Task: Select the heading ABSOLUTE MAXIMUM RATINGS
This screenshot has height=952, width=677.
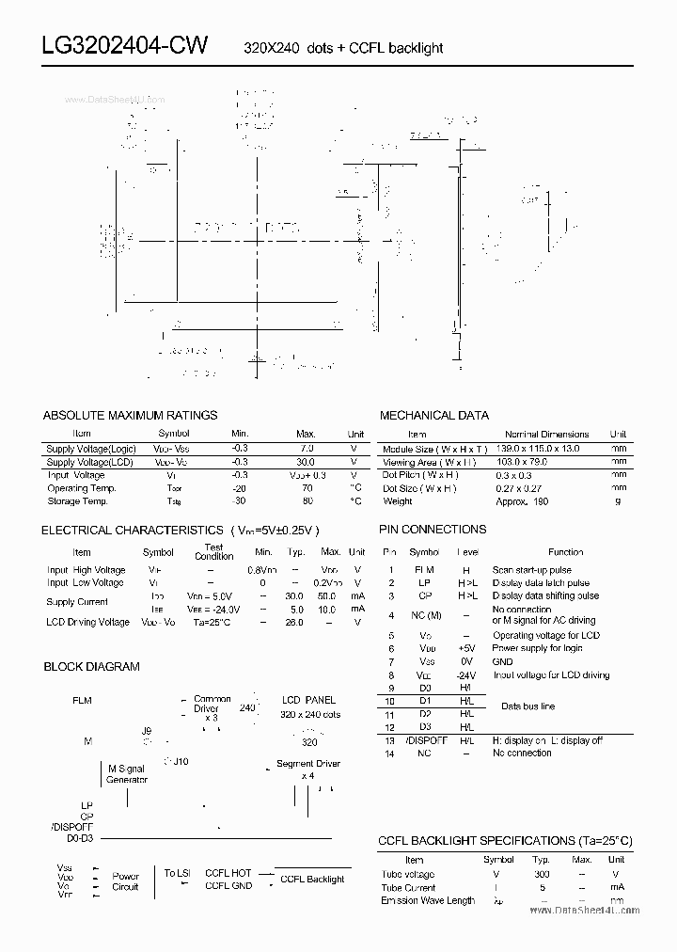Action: coord(130,415)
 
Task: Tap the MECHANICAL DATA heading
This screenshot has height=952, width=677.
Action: coord(433,415)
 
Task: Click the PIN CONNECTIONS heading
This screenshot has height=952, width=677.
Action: coord(433,530)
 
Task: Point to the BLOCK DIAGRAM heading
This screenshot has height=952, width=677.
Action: coord(91,667)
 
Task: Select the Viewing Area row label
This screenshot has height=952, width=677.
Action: coord(429,462)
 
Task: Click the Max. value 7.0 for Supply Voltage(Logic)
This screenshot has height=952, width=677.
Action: coord(306,449)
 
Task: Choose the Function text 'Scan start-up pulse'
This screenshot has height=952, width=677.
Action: coord(531,570)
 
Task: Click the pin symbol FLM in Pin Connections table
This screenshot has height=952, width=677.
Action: coord(424,570)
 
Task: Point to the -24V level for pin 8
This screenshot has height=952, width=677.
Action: coord(466,675)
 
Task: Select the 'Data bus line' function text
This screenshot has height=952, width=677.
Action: coord(527,706)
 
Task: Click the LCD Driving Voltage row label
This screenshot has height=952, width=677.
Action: coord(87,622)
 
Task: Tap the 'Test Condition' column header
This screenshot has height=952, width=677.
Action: coord(213,551)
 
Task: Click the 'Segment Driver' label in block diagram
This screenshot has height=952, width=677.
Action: coord(307,764)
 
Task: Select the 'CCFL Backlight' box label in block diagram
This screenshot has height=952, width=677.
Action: coord(312,880)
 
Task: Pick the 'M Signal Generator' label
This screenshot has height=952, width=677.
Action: coord(128,774)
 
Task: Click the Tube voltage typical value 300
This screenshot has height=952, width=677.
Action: coord(542,874)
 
